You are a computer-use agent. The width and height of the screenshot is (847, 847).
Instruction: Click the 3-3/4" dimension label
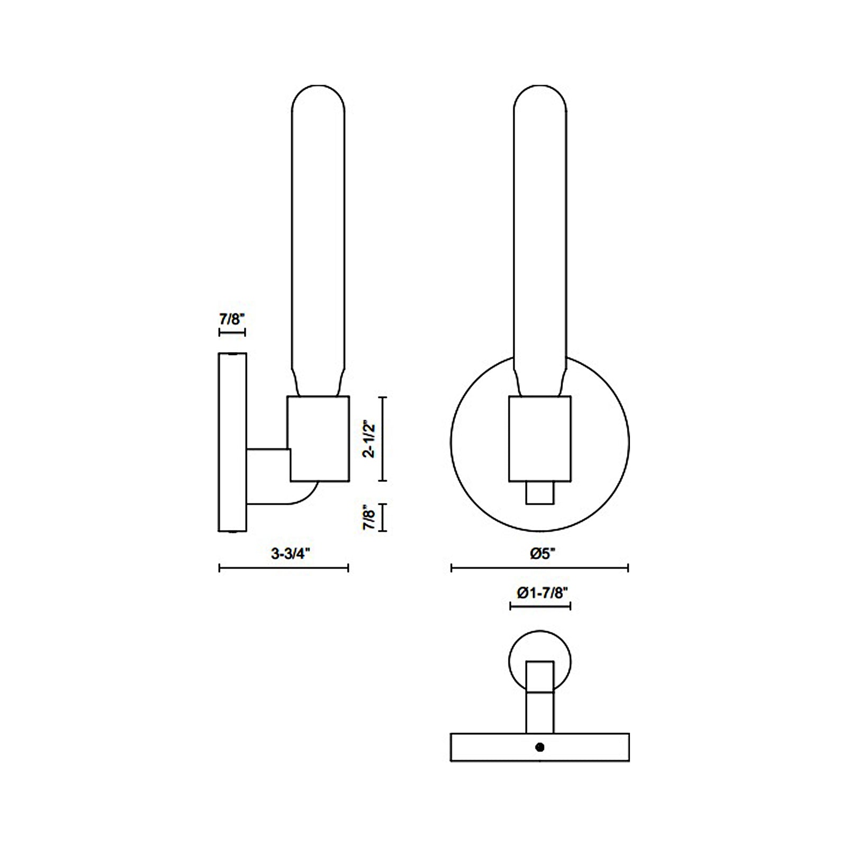pos(290,554)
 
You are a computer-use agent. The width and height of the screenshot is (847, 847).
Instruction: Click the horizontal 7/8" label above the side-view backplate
pos(232,319)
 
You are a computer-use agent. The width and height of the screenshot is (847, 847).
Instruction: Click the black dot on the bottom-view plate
pos(539,747)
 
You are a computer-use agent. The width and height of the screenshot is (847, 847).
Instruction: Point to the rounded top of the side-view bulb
pos(319,98)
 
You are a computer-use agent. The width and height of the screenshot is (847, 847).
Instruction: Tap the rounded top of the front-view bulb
pos(540,98)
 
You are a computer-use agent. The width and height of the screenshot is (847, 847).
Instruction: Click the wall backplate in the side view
pos(232,441)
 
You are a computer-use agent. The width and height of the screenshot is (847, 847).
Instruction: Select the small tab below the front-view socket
pos(540,493)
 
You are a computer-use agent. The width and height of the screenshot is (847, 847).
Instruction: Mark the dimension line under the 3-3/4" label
pos(284,568)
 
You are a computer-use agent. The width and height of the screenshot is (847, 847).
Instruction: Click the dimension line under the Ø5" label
pos(540,568)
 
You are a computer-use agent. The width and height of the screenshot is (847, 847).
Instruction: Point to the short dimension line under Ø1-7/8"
pos(540,606)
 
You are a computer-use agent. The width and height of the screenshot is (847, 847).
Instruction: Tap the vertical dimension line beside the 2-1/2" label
pos(384,439)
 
